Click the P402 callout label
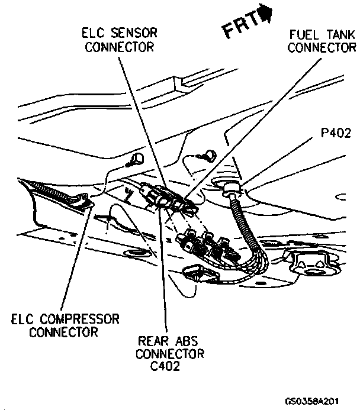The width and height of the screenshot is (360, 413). pos(336,134)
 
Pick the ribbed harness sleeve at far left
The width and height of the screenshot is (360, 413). pos(56,192)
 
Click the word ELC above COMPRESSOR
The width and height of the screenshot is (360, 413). pos(24,319)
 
